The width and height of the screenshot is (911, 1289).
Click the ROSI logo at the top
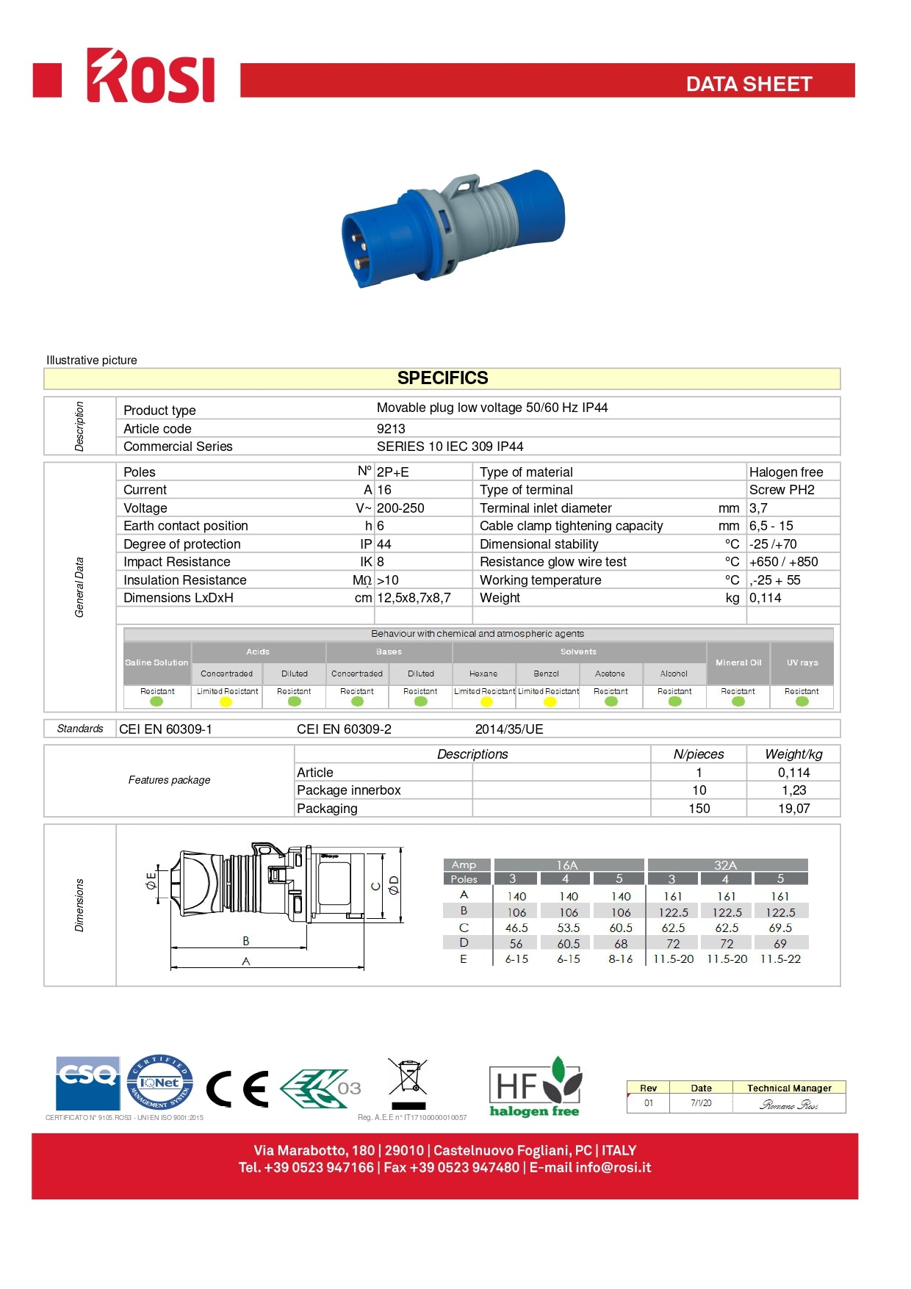click(x=151, y=76)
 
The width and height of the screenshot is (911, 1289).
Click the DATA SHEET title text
click(x=749, y=84)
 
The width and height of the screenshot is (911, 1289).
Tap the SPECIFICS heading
click(x=442, y=378)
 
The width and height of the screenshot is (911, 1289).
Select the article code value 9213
click(x=391, y=429)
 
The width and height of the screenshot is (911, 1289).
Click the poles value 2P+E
click(x=393, y=472)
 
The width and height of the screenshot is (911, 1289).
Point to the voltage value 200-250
click(x=400, y=508)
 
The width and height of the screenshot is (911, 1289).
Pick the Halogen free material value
click(x=785, y=472)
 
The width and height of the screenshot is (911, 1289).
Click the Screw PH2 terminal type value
click(x=782, y=490)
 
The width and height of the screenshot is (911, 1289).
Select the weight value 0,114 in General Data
click(x=765, y=598)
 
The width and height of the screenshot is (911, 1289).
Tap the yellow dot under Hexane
click(x=486, y=702)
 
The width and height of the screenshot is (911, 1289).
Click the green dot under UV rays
click(x=802, y=701)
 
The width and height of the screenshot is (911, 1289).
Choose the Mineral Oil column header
click(x=738, y=662)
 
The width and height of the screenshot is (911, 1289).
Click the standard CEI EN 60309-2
click(x=344, y=729)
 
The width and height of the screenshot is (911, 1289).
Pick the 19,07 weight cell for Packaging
click(x=793, y=809)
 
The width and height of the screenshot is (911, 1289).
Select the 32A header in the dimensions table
click(x=725, y=865)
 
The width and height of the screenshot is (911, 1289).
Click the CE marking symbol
click(x=237, y=1089)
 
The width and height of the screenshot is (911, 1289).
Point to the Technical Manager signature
click(x=788, y=1105)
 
